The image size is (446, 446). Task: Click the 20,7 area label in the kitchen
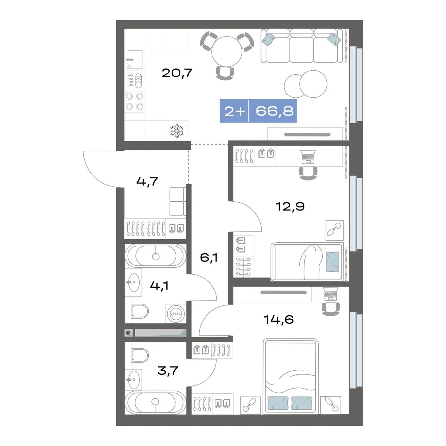[x=177, y=73]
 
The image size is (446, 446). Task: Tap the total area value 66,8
[x=274, y=111]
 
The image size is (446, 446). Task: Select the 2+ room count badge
[x=235, y=111]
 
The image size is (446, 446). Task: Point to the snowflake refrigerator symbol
[x=177, y=131]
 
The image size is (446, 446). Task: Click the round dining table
[x=227, y=51]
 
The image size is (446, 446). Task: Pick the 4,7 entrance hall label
[x=147, y=182]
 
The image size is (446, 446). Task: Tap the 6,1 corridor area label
[x=209, y=257]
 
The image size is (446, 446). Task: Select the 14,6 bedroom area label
[x=279, y=319]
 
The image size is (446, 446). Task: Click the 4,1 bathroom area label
[x=159, y=286]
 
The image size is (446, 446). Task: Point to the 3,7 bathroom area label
[x=168, y=371]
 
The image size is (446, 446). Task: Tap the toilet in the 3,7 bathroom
[x=140, y=355]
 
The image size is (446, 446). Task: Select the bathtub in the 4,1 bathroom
[x=155, y=256]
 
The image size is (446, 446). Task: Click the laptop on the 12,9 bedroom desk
[x=308, y=157]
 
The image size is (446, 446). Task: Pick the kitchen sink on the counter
[x=135, y=60]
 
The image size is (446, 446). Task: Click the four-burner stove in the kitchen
[x=134, y=101]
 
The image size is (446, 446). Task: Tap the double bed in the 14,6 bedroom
[x=291, y=376]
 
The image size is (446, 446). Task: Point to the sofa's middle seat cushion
[x=301, y=50]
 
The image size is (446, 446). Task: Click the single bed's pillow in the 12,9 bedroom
[x=332, y=262]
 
